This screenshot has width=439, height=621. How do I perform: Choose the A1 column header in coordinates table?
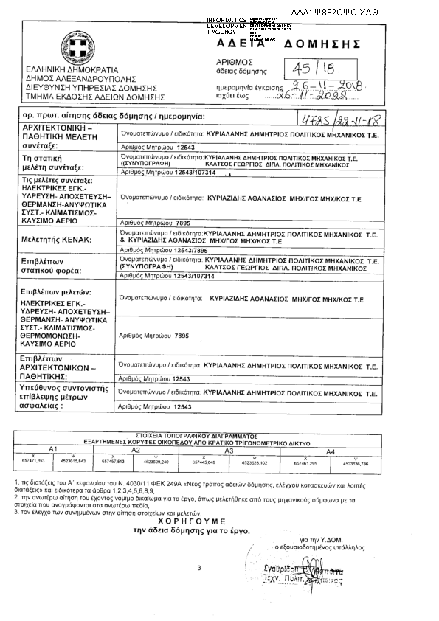[52, 449]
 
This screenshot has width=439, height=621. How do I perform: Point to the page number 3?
[199, 567]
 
